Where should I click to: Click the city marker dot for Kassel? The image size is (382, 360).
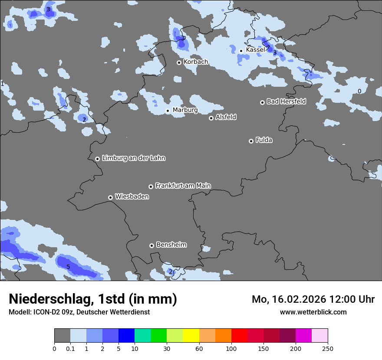tap(241, 51)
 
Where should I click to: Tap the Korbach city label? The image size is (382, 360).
tap(196, 62)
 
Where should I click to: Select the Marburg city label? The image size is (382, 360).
tap(185, 110)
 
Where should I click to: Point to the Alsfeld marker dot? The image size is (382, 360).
tap(211, 118)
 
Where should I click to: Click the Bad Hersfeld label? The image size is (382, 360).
tap(286, 101)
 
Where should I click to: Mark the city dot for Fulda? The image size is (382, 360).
tap(251, 141)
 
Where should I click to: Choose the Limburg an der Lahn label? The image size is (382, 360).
tap(133, 158)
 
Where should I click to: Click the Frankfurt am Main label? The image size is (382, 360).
tap(183, 186)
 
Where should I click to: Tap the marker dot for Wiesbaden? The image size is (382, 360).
tap(110, 197)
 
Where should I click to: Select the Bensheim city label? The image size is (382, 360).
tap(171, 245)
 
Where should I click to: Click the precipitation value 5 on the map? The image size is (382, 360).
tap(68, 266)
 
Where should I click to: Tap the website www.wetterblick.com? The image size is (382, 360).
tap(313, 312)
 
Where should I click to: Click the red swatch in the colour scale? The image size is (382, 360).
tap(239, 336)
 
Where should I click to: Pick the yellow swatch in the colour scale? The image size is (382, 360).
tap(191, 336)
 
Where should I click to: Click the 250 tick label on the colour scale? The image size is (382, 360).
tap(328, 348)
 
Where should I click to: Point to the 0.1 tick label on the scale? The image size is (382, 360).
tap(70, 348)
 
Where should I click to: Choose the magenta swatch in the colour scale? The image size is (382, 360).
tap(303, 336)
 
